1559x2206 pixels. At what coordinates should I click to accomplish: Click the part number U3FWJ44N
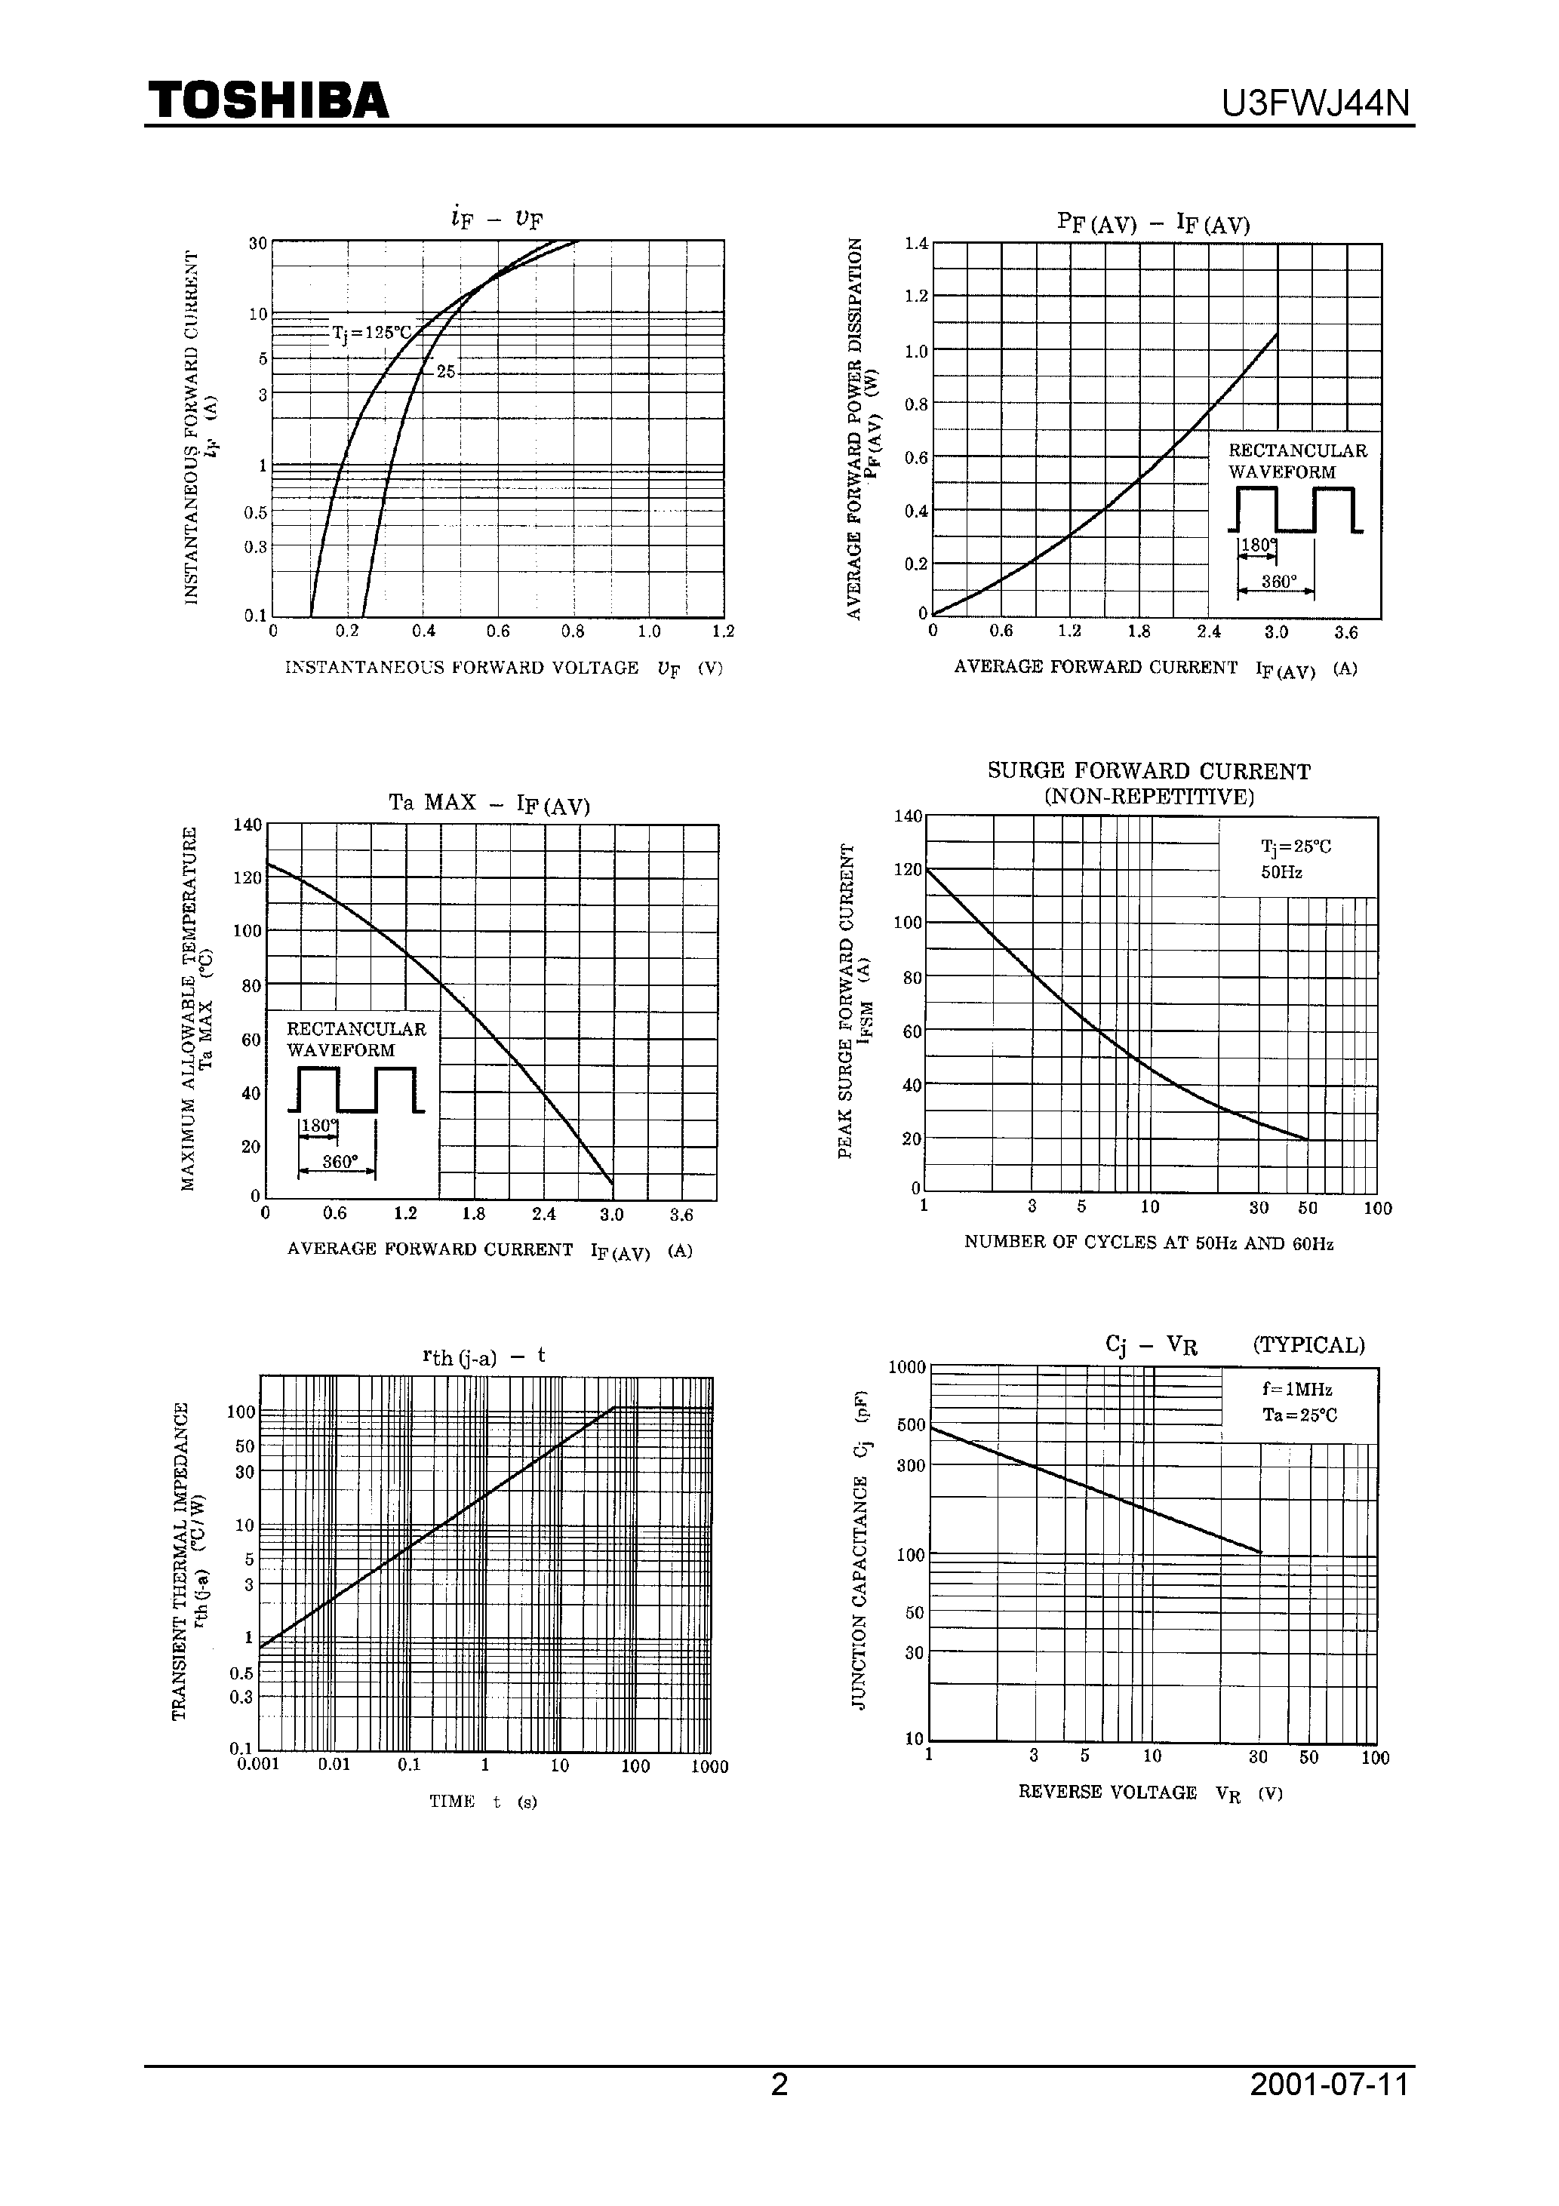1315,103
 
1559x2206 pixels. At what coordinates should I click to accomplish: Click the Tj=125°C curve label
371,333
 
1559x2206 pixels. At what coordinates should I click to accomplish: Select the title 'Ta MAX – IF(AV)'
489,803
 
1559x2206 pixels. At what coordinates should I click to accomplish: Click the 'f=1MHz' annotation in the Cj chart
1296,1390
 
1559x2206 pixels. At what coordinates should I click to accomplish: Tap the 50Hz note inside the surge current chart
1281,872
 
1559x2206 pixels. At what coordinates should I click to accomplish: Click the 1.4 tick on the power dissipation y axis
916,244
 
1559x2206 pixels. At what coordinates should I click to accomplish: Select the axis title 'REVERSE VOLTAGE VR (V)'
1149,1793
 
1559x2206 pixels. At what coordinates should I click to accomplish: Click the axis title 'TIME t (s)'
482,1802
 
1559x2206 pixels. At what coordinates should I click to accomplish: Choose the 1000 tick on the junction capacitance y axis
906,1368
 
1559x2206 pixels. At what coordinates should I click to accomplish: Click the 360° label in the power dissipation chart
1278,581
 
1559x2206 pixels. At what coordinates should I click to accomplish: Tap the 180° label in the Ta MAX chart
318,1125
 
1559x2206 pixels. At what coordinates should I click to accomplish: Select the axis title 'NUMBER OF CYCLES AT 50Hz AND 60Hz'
1148,1243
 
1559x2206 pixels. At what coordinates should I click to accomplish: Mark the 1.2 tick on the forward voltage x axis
723,632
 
